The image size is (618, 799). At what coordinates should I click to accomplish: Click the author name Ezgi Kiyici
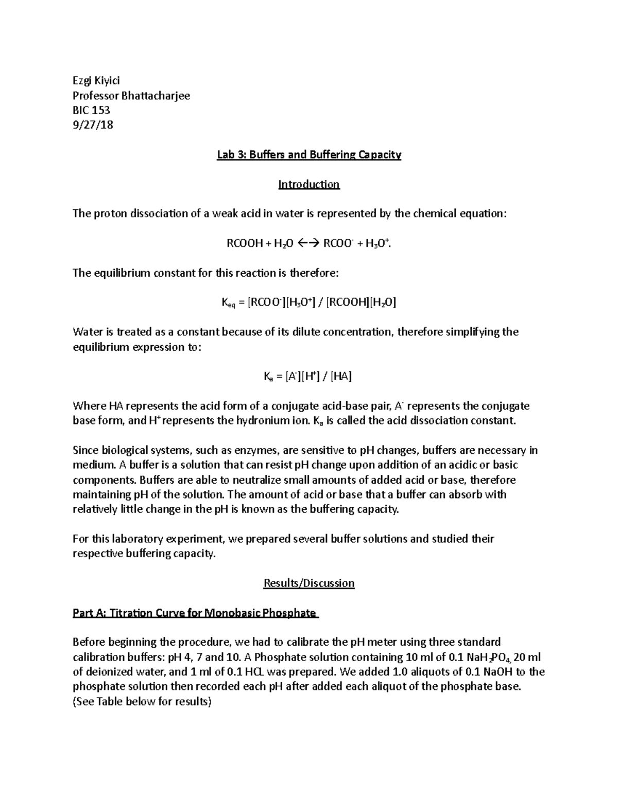[96, 80]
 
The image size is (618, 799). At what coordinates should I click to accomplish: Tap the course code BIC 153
[91, 110]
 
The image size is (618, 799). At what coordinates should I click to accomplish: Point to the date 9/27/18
[93, 125]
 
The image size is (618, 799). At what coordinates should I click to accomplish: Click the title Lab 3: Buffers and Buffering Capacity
[309, 154]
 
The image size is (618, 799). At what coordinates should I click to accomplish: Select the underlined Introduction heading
[309, 184]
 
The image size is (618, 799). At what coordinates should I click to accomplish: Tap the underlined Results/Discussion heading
[309, 583]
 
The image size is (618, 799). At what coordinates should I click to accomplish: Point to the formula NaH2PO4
[477, 658]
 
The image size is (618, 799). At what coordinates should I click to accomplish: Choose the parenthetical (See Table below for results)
[142, 702]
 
